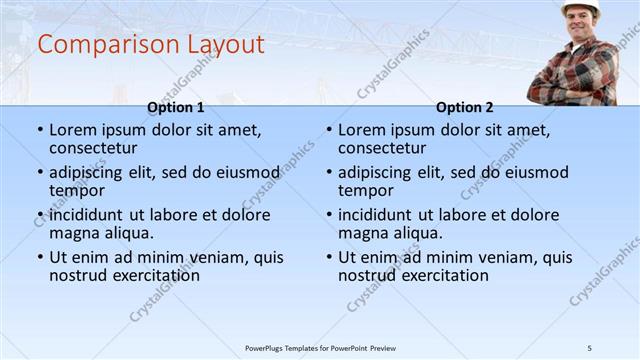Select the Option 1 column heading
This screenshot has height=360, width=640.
[176, 107]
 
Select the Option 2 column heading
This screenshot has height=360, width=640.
[465, 107]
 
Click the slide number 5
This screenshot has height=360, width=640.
[590, 348]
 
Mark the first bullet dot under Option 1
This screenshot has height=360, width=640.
[40, 130]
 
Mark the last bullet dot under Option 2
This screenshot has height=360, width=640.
[329, 258]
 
